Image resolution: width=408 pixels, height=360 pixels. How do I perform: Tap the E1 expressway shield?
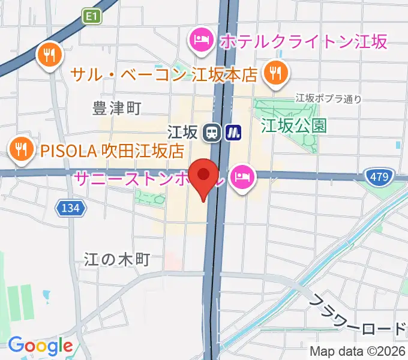pyautogui.click(x=91, y=19)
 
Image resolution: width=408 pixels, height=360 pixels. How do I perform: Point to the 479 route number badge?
pyautogui.click(x=378, y=176)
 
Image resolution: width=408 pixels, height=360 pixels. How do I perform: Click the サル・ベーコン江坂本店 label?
pyautogui.click(x=164, y=75)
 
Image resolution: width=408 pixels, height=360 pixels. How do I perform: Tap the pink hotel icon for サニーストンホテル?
pyautogui.click(x=242, y=176)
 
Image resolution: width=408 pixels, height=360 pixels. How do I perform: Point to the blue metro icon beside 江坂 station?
pyautogui.click(x=233, y=132)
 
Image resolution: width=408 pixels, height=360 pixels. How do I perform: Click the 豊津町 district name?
pyautogui.click(x=117, y=108)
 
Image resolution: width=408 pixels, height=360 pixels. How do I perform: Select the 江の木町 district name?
pyautogui.click(x=116, y=259)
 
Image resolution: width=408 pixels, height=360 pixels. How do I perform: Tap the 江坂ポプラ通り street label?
pyautogui.click(x=329, y=98)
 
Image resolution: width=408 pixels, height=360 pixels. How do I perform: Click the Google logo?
pyautogui.click(x=40, y=346)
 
